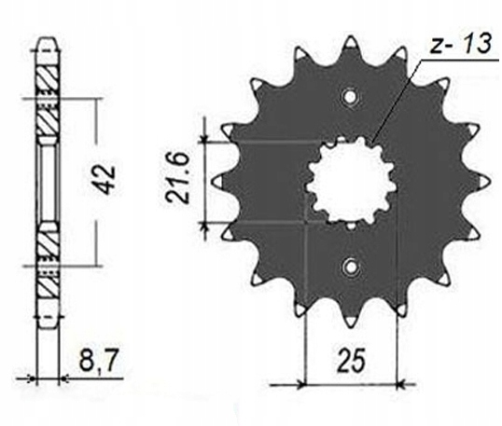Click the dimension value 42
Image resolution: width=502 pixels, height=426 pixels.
tap(105, 180)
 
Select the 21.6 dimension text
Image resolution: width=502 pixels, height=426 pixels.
tap(176, 177)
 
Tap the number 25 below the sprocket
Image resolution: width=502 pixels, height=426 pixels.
tap(351, 361)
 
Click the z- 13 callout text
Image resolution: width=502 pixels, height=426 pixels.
tap(460, 44)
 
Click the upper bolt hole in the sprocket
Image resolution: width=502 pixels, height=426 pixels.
tap(351, 97)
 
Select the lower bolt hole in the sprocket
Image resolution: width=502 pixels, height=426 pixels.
tap(351, 266)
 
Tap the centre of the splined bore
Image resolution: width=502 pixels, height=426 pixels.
tap(351, 182)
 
